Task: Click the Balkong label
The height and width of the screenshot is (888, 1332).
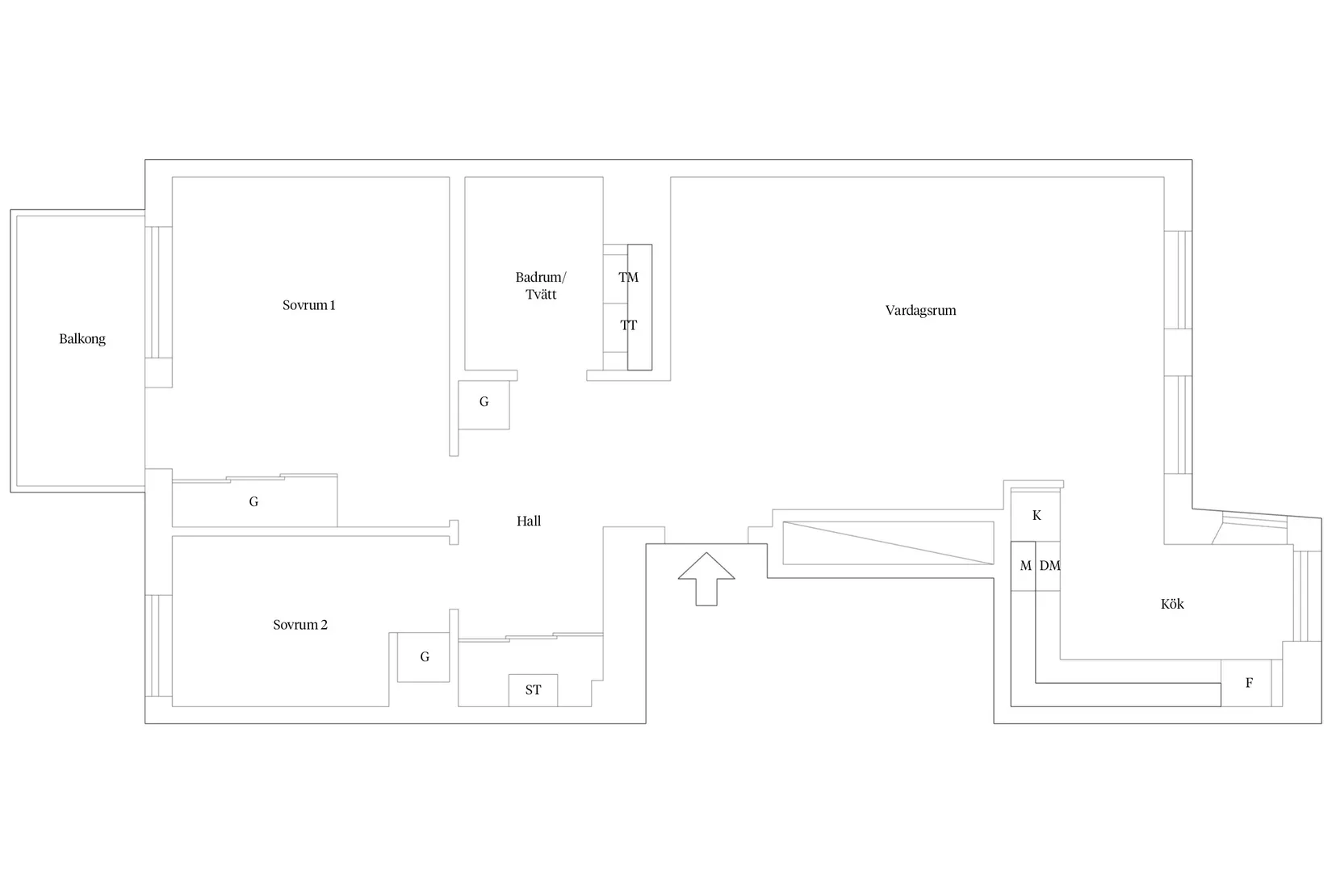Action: tap(82, 339)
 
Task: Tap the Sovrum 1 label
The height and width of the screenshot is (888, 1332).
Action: tap(308, 305)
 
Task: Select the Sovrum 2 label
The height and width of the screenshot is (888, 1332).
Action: tap(300, 625)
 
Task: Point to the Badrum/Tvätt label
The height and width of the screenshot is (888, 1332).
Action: tap(541, 286)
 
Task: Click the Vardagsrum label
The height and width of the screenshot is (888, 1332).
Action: tap(920, 311)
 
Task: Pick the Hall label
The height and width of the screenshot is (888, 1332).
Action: tap(529, 521)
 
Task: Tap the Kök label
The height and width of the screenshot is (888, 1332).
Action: tap(1172, 604)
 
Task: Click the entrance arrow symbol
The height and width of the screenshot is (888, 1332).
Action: tap(706, 579)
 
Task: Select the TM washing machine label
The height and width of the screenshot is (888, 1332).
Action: tap(629, 277)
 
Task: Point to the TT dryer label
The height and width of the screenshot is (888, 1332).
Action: tap(629, 325)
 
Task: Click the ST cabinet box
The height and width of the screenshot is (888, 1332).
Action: tap(533, 690)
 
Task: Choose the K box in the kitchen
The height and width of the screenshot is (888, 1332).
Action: tap(1036, 516)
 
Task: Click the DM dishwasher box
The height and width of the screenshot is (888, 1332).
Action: tap(1049, 566)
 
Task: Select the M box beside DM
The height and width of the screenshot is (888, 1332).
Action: tap(1024, 566)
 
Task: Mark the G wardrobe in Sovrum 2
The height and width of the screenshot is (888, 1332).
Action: tap(423, 657)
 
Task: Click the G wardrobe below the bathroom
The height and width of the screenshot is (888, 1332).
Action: tap(484, 405)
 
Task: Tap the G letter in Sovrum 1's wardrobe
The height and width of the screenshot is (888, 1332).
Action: tap(253, 502)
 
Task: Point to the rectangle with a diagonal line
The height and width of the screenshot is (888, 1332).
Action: tap(888, 543)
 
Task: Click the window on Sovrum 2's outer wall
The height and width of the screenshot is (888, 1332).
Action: tap(159, 645)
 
